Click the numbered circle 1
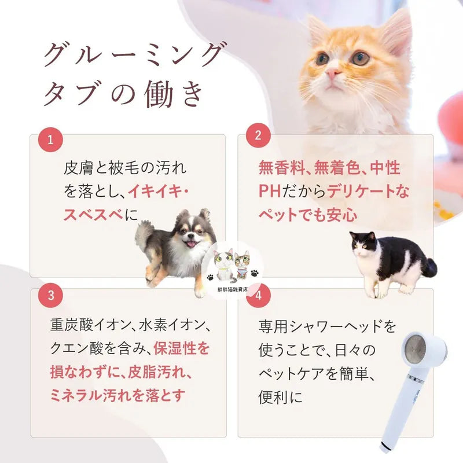pyautogui.click(x=50, y=139)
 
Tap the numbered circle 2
pyautogui.click(x=258, y=135)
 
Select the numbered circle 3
pyautogui.click(x=50, y=295)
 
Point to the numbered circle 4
pyautogui.click(x=258, y=295)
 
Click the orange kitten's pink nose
pyautogui.click(x=332, y=72)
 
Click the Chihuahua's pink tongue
pyautogui.click(x=192, y=244)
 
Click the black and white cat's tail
pyautogui.click(x=430, y=267)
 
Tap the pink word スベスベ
pyautogui.click(x=93, y=215)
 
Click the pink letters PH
pyautogui.click(x=270, y=191)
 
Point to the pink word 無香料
pyautogui.click(x=282, y=167)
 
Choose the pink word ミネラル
pyautogui.click(x=76, y=396)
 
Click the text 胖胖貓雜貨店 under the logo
pyautogui.click(x=232, y=289)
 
